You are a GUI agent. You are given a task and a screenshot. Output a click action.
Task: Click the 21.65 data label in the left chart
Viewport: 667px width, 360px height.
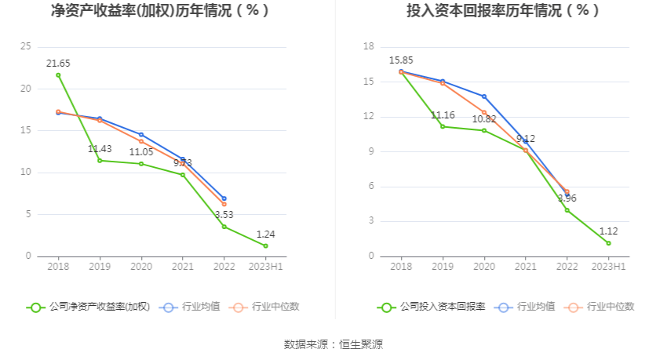click(58, 63)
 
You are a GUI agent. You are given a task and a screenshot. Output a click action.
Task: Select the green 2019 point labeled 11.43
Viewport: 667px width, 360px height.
click(100, 160)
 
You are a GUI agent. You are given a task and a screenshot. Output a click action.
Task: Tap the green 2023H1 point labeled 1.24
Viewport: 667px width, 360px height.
click(265, 245)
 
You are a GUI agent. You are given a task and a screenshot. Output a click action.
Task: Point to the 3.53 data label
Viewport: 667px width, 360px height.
click(224, 214)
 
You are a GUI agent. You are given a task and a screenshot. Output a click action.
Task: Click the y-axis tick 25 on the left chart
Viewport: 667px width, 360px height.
click(27, 46)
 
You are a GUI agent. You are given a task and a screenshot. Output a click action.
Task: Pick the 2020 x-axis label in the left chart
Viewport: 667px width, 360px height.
click(141, 267)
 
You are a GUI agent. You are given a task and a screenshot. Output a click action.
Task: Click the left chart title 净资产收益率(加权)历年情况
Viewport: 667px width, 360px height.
click(160, 11)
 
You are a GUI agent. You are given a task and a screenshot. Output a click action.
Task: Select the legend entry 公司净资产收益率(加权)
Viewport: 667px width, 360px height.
click(88, 307)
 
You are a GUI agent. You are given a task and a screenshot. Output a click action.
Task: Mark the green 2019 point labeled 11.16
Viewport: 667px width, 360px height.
click(443, 126)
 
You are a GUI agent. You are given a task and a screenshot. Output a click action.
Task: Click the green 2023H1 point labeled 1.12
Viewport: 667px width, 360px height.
click(608, 243)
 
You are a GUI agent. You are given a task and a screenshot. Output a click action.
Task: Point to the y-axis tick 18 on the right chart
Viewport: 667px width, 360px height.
click(368, 46)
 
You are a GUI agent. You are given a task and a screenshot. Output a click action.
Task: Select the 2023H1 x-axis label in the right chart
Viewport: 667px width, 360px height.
click(608, 267)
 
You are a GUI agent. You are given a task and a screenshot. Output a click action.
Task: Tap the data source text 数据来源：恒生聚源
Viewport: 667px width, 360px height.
click(333, 344)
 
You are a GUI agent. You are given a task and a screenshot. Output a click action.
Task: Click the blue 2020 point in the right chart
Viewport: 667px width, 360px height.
click(484, 96)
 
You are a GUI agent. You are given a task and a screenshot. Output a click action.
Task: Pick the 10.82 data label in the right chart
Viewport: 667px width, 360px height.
click(484, 119)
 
